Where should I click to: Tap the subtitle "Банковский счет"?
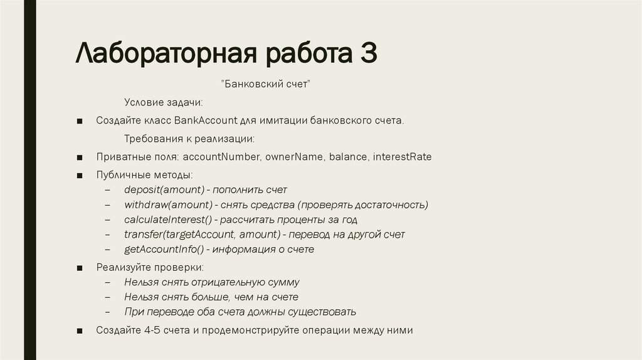tap(266, 85)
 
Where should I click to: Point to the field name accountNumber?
tap(222, 157)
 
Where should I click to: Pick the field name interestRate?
tap(402, 157)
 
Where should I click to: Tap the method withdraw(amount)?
tap(168, 204)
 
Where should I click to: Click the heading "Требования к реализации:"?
tap(189, 139)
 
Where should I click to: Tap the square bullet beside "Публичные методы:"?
tap(80, 175)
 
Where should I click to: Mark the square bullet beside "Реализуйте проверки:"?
tap(80, 268)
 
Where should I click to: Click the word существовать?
tap(322, 312)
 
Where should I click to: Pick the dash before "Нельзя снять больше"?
tap(108, 297)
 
